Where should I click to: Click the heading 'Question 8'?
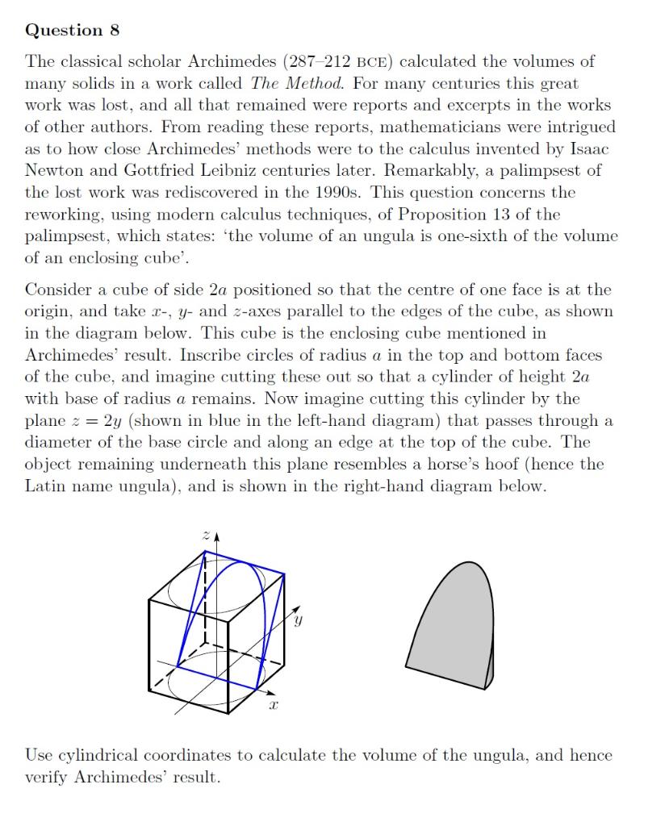(73, 31)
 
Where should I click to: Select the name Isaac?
(594, 148)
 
